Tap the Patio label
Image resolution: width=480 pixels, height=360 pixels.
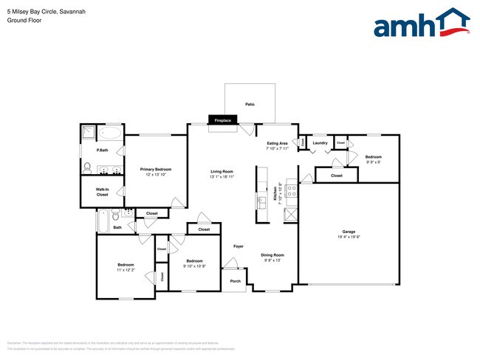point(250,105)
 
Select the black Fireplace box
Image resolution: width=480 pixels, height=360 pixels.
point(222,120)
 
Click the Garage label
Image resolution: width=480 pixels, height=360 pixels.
point(349,231)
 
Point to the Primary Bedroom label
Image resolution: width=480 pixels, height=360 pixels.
point(156,170)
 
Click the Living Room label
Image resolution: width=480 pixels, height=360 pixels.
point(222,172)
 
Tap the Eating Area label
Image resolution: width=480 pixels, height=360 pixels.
point(277,143)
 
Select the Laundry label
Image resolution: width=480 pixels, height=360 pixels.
point(320,142)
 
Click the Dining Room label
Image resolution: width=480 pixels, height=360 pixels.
point(272,255)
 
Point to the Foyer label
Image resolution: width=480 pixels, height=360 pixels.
point(239,246)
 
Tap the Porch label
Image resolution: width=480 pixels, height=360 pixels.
point(236,281)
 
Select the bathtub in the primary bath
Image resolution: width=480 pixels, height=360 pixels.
point(111,134)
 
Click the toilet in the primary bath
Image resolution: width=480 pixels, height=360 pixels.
point(86,167)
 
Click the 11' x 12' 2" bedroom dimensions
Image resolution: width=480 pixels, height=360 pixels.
point(126,270)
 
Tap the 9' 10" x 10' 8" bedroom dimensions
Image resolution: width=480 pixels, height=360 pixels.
point(194,266)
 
